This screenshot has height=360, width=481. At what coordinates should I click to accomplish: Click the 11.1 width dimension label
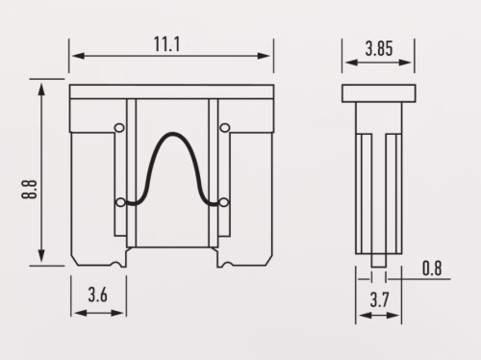coord(166,44)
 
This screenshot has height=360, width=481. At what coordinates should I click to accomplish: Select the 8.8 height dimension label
coord(29,190)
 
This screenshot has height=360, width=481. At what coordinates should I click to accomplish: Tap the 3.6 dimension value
coord(98,295)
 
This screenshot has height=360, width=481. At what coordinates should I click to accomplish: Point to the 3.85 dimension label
coord(379,49)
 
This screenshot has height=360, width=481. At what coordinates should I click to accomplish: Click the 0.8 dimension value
coord(432,269)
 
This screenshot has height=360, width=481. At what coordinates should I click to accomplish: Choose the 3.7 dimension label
coord(379,299)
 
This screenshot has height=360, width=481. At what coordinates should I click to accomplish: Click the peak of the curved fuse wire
coord(173,134)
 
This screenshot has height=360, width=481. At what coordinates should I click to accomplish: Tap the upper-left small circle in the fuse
coord(119,128)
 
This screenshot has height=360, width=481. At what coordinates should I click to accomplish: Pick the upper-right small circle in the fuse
coord(225,128)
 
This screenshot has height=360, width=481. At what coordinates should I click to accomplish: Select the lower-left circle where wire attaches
coord(120,202)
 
